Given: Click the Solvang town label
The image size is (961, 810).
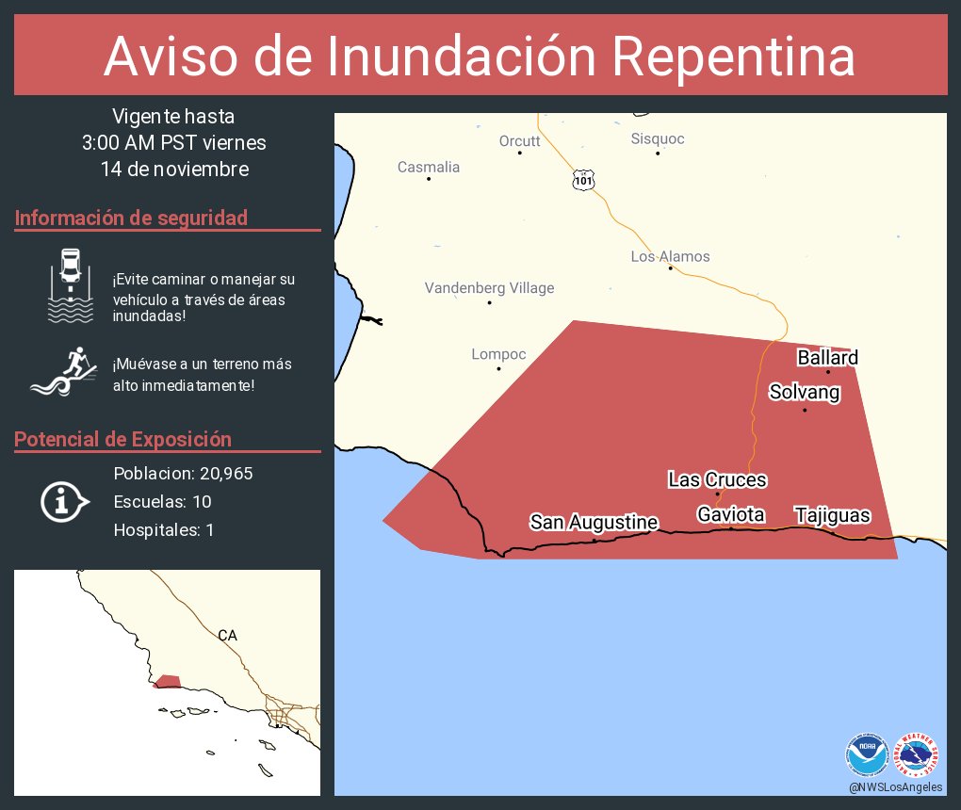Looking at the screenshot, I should pos(804,392).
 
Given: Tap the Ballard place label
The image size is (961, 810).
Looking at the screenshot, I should pos(827,358).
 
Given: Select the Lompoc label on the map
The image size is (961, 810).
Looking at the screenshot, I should pos(498,354).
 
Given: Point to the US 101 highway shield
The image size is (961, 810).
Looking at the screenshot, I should pos(583,179).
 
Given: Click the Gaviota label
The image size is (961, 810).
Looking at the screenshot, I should pos(730,514).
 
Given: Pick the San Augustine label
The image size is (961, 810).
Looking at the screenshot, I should pos(594,522).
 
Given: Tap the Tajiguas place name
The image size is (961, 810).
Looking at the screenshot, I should pos(832,515).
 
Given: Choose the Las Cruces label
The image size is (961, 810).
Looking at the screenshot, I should pos(717,479).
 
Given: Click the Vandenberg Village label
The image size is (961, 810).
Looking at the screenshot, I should pos(489,287).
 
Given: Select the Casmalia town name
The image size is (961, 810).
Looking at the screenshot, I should pos(429,167).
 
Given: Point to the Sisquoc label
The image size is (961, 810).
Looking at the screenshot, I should pos(658,138).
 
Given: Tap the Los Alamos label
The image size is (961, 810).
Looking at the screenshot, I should pos(670,256).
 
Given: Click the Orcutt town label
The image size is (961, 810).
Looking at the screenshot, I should pos(519,140).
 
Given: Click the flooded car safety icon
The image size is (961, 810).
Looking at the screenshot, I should pos(71,284).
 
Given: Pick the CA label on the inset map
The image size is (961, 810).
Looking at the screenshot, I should pos(227,636).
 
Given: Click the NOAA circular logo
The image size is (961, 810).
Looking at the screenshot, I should pos(867,754).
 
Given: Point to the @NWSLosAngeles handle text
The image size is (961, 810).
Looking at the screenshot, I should pos(895,787).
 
